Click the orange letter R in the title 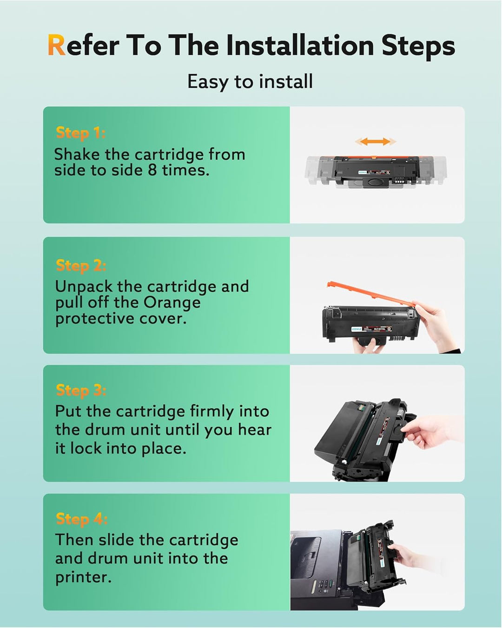pos(56,46)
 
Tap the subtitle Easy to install pos(250,81)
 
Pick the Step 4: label pos(81,518)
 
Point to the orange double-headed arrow pos(376,141)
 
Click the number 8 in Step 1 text pos(152,170)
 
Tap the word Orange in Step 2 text pos(172,302)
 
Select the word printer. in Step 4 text pos(83,577)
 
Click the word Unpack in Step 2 pos(84,287)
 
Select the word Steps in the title pos(418,46)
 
